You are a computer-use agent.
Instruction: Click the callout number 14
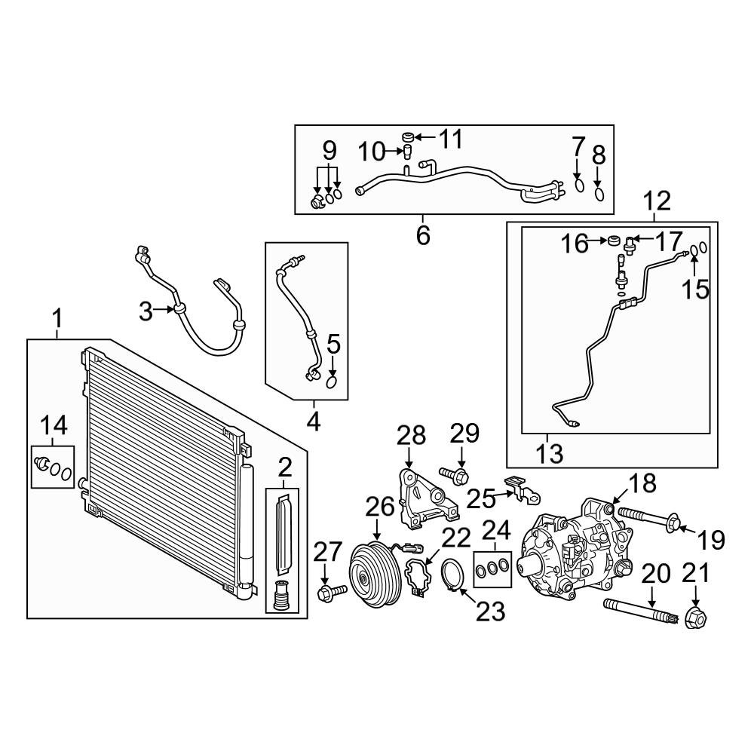point(54,426)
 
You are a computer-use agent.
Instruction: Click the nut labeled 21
point(694,619)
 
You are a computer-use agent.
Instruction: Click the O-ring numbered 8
point(598,195)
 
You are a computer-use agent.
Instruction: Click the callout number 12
point(657,201)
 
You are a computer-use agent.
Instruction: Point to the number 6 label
point(423,235)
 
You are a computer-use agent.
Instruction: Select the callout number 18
point(639,483)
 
